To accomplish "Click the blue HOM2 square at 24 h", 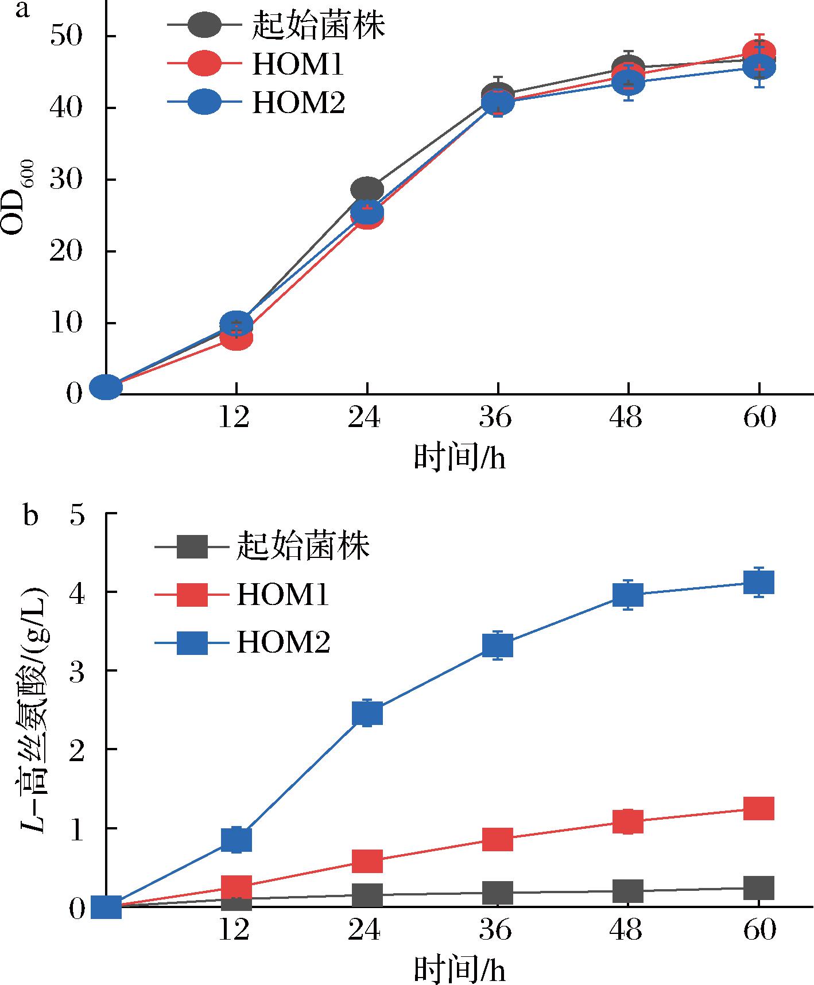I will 367,713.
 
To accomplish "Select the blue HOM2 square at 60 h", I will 759,583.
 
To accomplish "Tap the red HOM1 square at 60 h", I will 759,808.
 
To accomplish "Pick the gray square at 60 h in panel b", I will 759,887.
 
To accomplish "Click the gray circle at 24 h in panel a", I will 367,189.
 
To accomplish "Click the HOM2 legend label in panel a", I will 299,104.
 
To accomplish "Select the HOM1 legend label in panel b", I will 283,595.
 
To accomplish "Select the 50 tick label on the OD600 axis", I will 67,37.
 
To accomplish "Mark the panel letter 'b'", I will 30,515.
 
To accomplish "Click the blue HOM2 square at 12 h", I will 237,839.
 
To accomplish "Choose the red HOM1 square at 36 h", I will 497,839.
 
